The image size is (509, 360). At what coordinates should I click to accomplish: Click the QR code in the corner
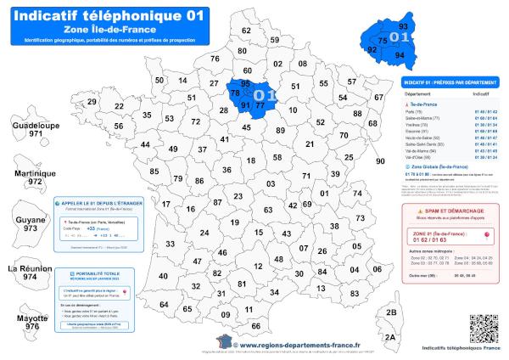(x=483, y=328)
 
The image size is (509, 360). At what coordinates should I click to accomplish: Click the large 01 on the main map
(x=263, y=95)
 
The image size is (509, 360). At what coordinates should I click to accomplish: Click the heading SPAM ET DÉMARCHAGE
(x=454, y=210)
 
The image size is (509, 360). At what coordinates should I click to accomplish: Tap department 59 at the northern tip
(x=274, y=40)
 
